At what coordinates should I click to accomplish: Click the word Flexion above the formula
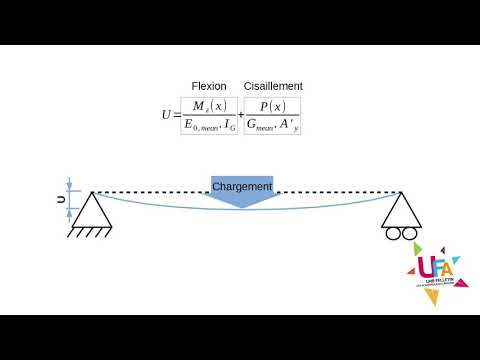click(209, 87)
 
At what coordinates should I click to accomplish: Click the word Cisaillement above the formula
click(273, 87)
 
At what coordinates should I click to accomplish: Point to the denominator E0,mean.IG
click(209, 126)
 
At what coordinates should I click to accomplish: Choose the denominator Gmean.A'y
click(272, 126)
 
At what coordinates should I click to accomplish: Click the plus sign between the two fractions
click(241, 116)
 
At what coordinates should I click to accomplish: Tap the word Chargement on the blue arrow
click(242, 187)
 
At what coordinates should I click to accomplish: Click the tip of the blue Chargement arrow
click(242, 207)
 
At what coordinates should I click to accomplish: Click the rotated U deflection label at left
click(60, 199)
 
